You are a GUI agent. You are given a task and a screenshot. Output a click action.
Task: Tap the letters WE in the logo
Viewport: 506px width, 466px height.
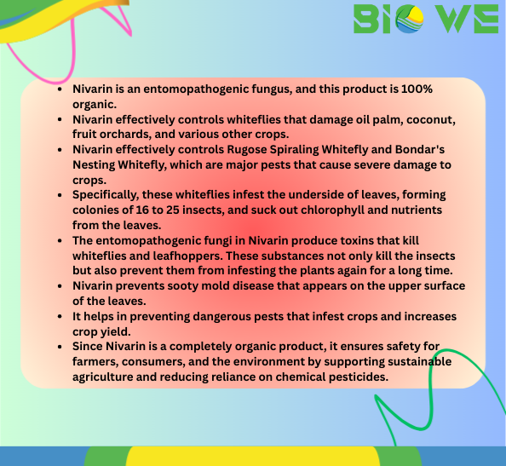tap(468, 18)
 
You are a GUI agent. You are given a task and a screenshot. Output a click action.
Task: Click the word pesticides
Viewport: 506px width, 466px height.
tap(357, 377)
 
